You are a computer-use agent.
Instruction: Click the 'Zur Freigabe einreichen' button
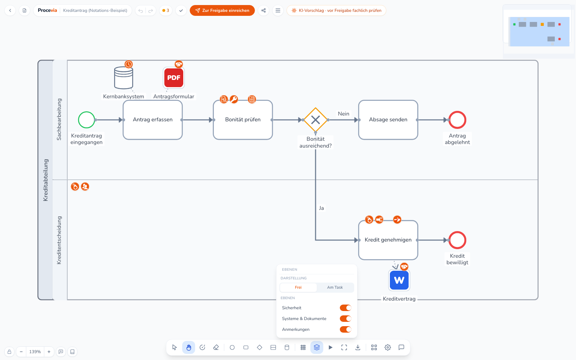222,10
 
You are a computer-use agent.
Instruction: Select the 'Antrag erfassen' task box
153,120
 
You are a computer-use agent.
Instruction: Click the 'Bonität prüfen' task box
243,120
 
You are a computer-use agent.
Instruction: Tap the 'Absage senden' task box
388,120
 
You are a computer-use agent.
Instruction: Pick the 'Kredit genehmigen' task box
388,240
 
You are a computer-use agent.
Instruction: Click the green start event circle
86,120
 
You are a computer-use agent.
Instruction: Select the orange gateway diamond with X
315,120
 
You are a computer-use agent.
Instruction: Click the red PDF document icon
174,78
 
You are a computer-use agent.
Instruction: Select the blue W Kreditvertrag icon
399,280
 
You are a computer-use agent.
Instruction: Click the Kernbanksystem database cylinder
124,78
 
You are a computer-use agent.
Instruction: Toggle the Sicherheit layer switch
345,308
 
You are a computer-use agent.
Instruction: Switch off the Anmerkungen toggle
345,329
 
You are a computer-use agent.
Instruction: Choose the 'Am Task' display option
335,288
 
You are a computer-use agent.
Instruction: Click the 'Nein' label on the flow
343,114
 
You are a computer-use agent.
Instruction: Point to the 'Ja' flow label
321,208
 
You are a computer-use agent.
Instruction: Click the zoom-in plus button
49,351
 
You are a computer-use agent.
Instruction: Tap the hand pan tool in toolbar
189,348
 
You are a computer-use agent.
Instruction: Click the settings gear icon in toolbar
387,348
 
